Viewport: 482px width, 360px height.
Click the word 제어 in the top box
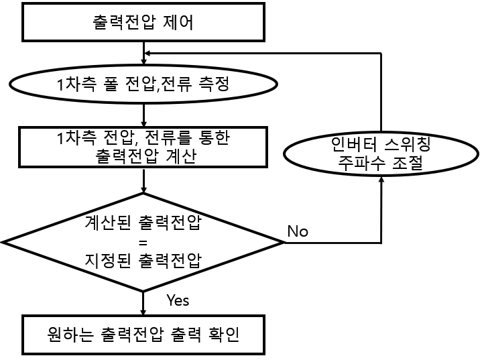coord(178,22)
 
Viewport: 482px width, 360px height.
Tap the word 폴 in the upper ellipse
coord(111,84)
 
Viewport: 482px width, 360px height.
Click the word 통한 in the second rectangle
coord(215,137)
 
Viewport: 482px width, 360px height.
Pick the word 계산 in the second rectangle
coord(181,156)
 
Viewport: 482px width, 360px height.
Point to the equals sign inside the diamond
coord(143,243)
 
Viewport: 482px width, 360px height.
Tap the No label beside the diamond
coord(298,231)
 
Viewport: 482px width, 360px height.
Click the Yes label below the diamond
coord(178,300)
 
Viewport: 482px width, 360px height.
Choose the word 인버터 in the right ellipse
coord(354,144)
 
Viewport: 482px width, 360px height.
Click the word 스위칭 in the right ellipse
coord(408,144)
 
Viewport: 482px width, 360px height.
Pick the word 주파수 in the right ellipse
coord(361,164)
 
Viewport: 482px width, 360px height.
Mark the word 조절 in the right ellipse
coord(408,164)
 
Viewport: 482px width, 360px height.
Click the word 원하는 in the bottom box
coord(70,334)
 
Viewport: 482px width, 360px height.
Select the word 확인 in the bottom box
coord(224,334)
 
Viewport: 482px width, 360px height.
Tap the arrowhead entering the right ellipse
coord(381,179)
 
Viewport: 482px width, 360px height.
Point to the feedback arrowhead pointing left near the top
coord(147,53)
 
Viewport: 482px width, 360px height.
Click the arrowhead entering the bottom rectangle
coord(143,312)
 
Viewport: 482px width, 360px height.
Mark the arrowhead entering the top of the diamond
coord(143,190)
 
